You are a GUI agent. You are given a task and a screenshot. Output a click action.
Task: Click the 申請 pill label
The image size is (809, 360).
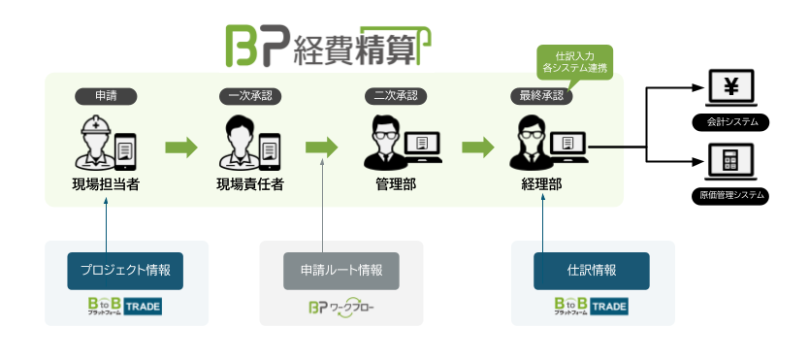click(106, 96)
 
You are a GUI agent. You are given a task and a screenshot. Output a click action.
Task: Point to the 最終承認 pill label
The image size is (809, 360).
click(541, 96)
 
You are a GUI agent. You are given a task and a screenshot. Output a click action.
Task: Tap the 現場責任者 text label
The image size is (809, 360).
click(250, 184)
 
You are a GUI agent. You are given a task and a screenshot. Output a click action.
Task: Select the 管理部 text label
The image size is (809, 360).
click(396, 184)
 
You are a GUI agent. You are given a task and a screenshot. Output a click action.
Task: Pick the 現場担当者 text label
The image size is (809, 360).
click(106, 184)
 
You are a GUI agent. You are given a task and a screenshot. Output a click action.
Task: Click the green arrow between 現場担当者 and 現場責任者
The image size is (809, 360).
click(180, 147)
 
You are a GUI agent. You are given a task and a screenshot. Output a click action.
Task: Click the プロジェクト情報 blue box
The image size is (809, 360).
click(125, 270)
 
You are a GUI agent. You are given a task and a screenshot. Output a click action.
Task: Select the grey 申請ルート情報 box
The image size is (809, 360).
click(341, 270)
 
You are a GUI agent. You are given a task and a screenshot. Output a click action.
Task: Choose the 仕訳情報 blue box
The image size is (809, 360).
click(592, 270)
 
